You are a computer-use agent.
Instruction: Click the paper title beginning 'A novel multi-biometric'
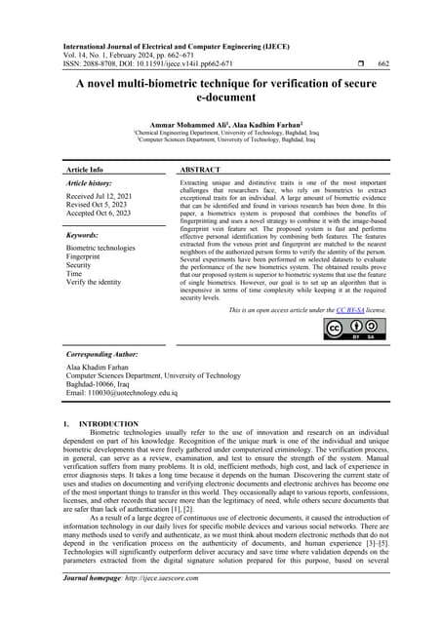221,93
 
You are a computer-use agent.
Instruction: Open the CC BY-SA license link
349,309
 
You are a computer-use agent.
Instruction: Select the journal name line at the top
176,45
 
